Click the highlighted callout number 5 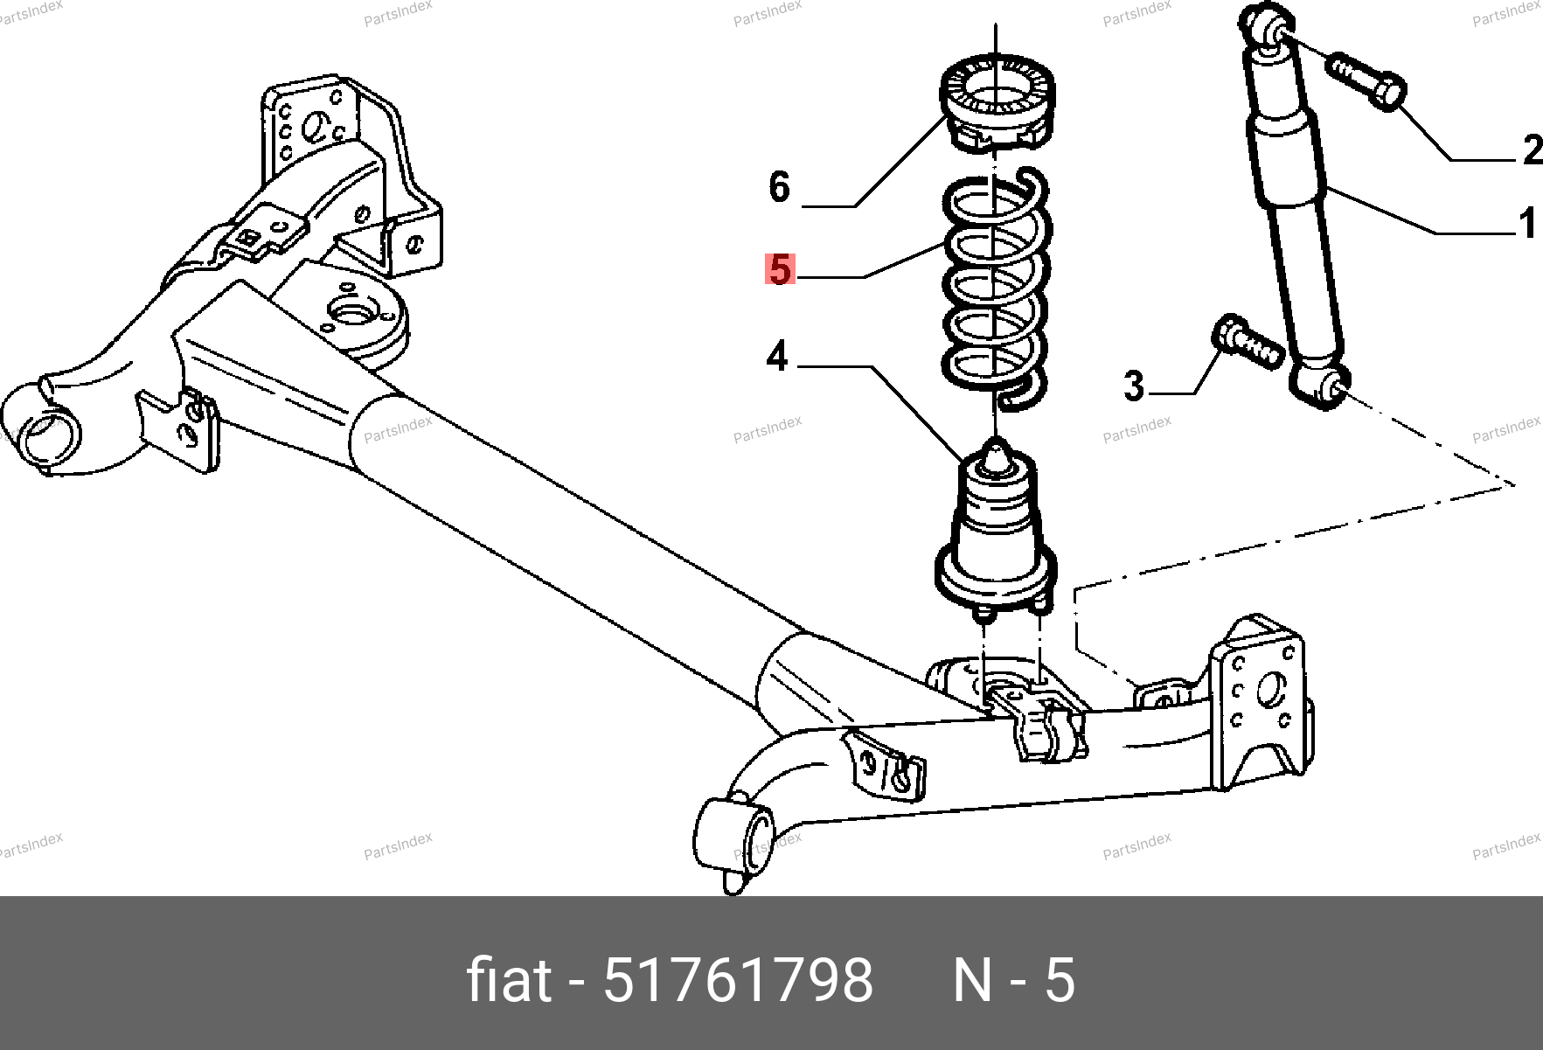point(780,269)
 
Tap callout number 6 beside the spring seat point(779,186)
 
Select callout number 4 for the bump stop point(777,357)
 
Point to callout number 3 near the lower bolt point(1134,386)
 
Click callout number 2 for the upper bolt point(1533,150)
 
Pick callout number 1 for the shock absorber point(1528,223)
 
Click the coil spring point(997,289)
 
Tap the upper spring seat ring point(997,103)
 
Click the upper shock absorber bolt point(1366,82)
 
